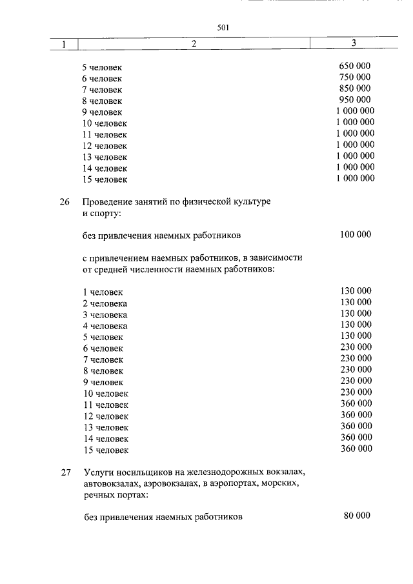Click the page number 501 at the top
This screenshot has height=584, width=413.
pos(224,27)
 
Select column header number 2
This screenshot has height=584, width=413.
pos(193,44)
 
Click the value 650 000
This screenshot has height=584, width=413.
pos(355,66)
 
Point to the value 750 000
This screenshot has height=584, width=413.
pos(355,77)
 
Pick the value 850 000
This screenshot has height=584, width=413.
pos(355,88)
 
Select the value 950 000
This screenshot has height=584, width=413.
pos(355,100)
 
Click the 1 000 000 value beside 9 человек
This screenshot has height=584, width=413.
pos(355,111)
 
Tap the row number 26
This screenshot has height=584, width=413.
pos(65,202)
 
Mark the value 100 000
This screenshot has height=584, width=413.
pos(356,235)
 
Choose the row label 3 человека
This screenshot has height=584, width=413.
pos(105,315)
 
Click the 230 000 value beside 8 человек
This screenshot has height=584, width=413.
pos(356,370)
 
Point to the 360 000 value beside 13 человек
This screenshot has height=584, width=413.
pos(356,426)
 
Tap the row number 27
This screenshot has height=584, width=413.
pos(65,472)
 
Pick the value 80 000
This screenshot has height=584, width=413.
pos(358,516)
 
